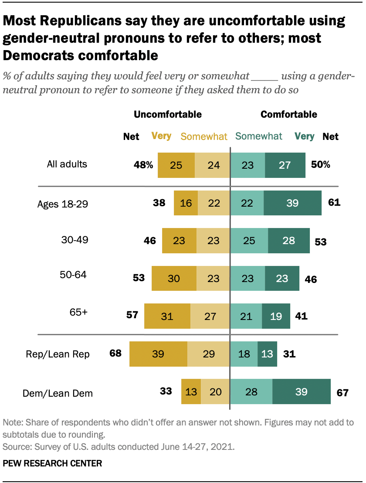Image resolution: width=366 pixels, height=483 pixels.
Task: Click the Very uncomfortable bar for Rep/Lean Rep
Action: point(158,354)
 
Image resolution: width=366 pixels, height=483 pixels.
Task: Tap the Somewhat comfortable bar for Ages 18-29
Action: point(247,203)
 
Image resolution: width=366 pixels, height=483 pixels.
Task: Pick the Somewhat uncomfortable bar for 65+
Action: point(210,316)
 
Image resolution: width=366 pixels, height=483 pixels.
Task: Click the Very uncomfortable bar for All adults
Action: point(176,165)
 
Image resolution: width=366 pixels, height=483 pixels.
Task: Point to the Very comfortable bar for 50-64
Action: point(282,278)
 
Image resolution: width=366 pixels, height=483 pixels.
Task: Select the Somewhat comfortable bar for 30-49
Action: point(249,240)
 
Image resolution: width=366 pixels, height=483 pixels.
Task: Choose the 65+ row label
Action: point(79,313)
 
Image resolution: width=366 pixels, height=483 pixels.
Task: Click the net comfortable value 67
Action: point(342,393)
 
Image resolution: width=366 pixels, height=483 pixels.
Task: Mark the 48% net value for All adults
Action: point(143,165)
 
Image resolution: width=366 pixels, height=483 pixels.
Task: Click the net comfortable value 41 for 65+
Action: point(301,316)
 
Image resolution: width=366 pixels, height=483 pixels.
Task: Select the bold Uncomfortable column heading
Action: point(168,115)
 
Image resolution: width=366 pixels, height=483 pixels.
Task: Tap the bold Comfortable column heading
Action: point(288,115)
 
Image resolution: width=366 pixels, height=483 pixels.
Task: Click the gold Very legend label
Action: point(161,136)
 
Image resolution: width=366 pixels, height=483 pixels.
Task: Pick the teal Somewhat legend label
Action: point(259,136)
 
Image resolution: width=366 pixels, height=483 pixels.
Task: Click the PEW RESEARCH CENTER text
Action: point(52,463)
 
